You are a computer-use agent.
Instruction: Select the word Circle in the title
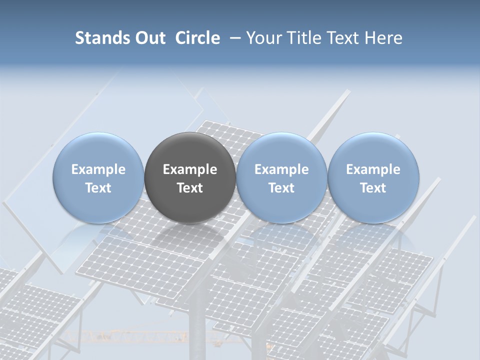(197, 38)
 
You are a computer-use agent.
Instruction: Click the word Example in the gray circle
(190, 169)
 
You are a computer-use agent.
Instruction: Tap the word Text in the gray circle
(190, 188)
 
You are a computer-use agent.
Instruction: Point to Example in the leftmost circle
(98, 169)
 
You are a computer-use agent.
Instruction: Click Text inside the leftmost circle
(98, 188)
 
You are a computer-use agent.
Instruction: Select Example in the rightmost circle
(373, 169)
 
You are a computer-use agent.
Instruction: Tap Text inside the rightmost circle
(373, 188)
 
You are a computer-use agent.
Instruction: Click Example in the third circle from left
(281, 169)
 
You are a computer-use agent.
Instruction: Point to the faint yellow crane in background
(150, 336)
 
